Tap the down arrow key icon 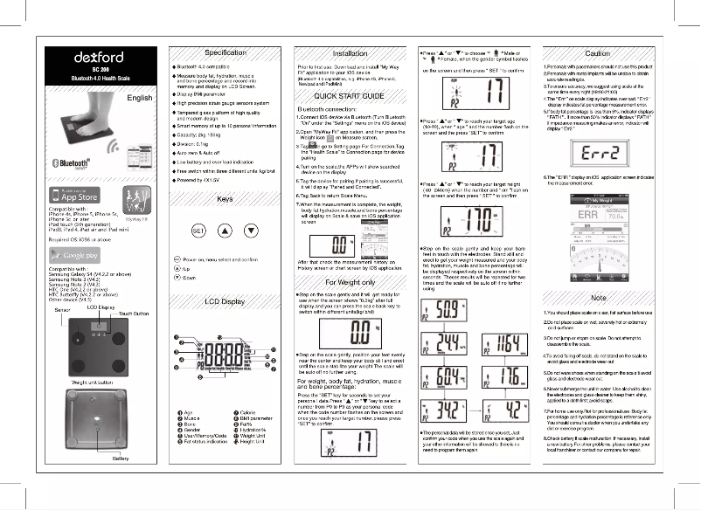(252, 231)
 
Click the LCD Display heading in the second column (225, 301)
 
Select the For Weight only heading (349, 283)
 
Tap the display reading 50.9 (445, 308)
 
